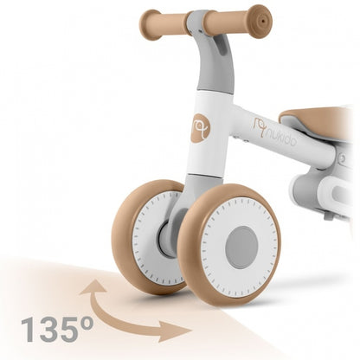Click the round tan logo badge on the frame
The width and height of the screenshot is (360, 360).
201,128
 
